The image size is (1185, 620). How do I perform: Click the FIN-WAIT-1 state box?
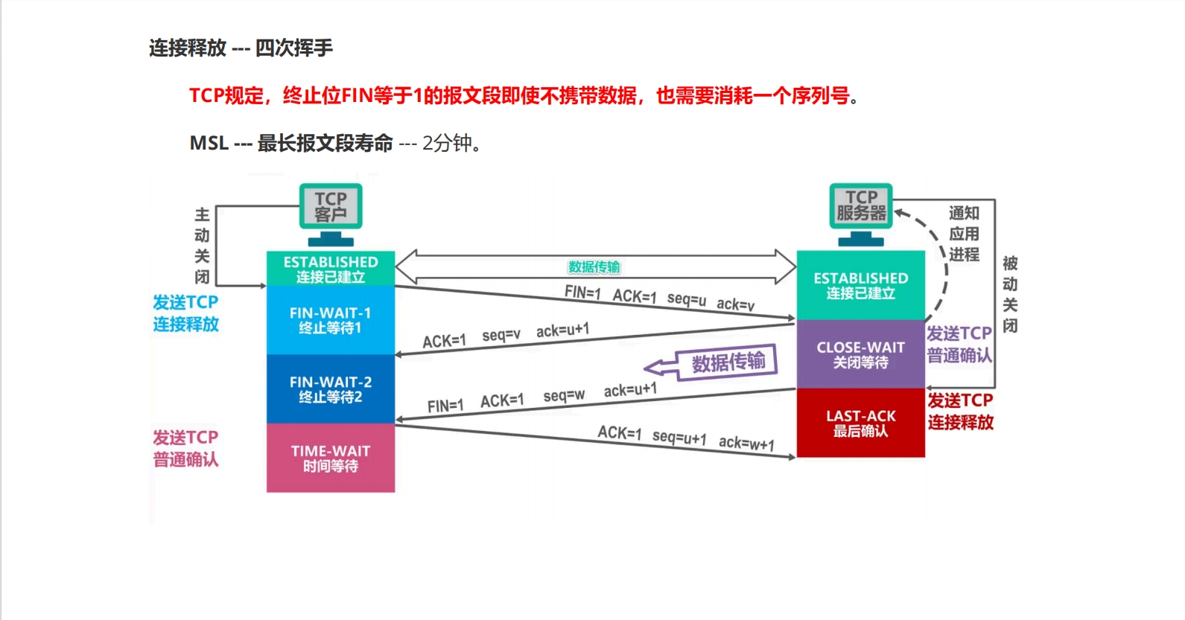pyautogui.click(x=330, y=320)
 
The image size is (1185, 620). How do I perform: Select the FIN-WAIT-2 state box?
pyautogui.click(x=330, y=389)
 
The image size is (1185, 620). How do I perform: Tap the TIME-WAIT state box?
pyautogui.click(x=330, y=458)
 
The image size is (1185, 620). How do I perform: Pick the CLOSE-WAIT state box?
pyautogui.click(x=860, y=354)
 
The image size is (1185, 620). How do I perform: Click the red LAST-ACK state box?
pyautogui.click(x=860, y=423)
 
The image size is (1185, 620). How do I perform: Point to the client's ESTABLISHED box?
pyautogui.click(x=330, y=269)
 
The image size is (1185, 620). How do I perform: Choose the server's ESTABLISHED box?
pyautogui.click(x=860, y=285)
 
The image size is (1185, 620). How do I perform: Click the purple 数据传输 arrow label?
pyautogui.click(x=727, y=362)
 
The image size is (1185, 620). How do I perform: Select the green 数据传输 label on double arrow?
pyautogui.click(x=594, y=266)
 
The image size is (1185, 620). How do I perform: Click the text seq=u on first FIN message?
pyautogui.click(x=686, y=299)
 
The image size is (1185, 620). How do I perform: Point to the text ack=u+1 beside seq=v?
pyautogui.click(x=562, y=330)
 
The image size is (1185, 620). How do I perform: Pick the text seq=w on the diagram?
pyautogui.click(x=564, y=395)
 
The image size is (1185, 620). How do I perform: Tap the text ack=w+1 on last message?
pyautogui.click(x=746, y=444)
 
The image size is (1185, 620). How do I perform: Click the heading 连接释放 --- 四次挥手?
pyautogui.click(x=241, y=48)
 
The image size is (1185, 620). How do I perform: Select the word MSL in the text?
pyautogui.click(x=209, y=143)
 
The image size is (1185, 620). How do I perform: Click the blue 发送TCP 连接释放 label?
pyautogui.click(x=185, y=313)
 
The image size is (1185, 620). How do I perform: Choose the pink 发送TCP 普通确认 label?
pyautogui.click(x=185, y=448)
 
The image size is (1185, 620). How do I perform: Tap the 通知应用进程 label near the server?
pyautogui.click(x=964, y=234)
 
